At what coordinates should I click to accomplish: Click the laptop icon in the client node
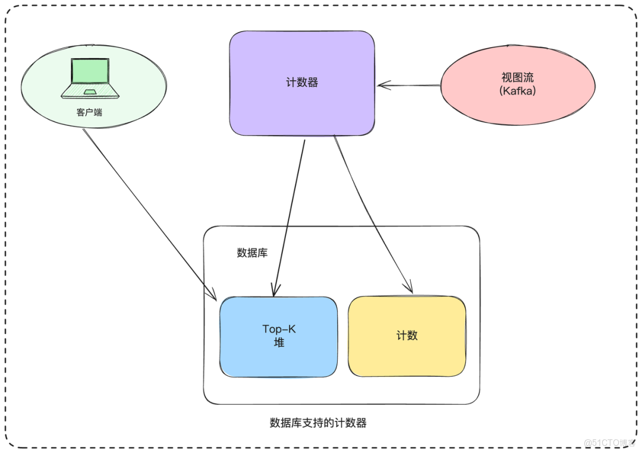click(90, 77)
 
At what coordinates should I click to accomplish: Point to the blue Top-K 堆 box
click(278, 357)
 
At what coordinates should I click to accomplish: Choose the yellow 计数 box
click(407, 357)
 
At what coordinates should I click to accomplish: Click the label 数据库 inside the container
click(252, 253)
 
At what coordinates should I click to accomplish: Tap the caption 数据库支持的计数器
click(318, 423)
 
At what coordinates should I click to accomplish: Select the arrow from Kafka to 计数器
click(410, 86)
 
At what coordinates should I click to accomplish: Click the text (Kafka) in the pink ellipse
click(517, 90)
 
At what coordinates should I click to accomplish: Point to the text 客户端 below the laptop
click(89, 112)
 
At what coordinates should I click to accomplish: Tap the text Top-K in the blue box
click(279, 329)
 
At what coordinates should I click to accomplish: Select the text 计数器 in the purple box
click(302, 83)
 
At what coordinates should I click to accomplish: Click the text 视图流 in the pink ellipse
click(517, 78)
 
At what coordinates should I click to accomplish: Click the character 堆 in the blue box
click(279, 342)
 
